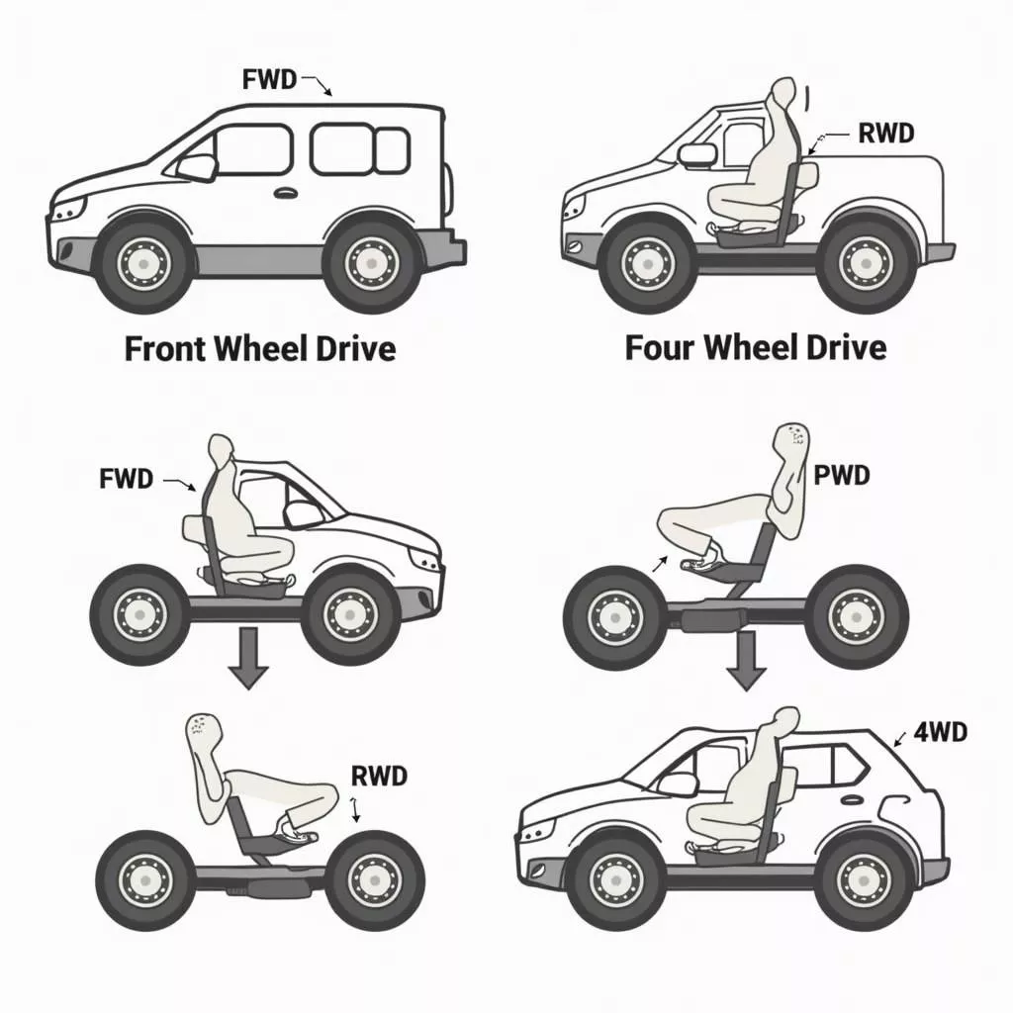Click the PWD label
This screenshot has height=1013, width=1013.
[841, 476]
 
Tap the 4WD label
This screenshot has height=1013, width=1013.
[941, 732]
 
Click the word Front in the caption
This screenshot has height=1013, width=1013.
[165, 348]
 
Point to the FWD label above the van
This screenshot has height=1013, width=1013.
[269, 79]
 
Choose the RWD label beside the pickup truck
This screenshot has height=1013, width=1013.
[886, 134]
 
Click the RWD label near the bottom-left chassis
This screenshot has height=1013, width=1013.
[379, 776]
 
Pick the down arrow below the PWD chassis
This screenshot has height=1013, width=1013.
[747, 661]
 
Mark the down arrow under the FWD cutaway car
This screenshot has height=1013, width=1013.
[248, 658]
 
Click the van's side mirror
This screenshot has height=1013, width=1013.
[197, 166]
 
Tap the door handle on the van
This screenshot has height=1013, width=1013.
[284, 193]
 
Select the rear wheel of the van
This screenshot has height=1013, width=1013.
[371, 263]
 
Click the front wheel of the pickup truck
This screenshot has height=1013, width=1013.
[647, 263]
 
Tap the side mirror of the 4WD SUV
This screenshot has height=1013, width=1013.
[678, 784]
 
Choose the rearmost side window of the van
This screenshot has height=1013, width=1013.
[392, 150]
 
